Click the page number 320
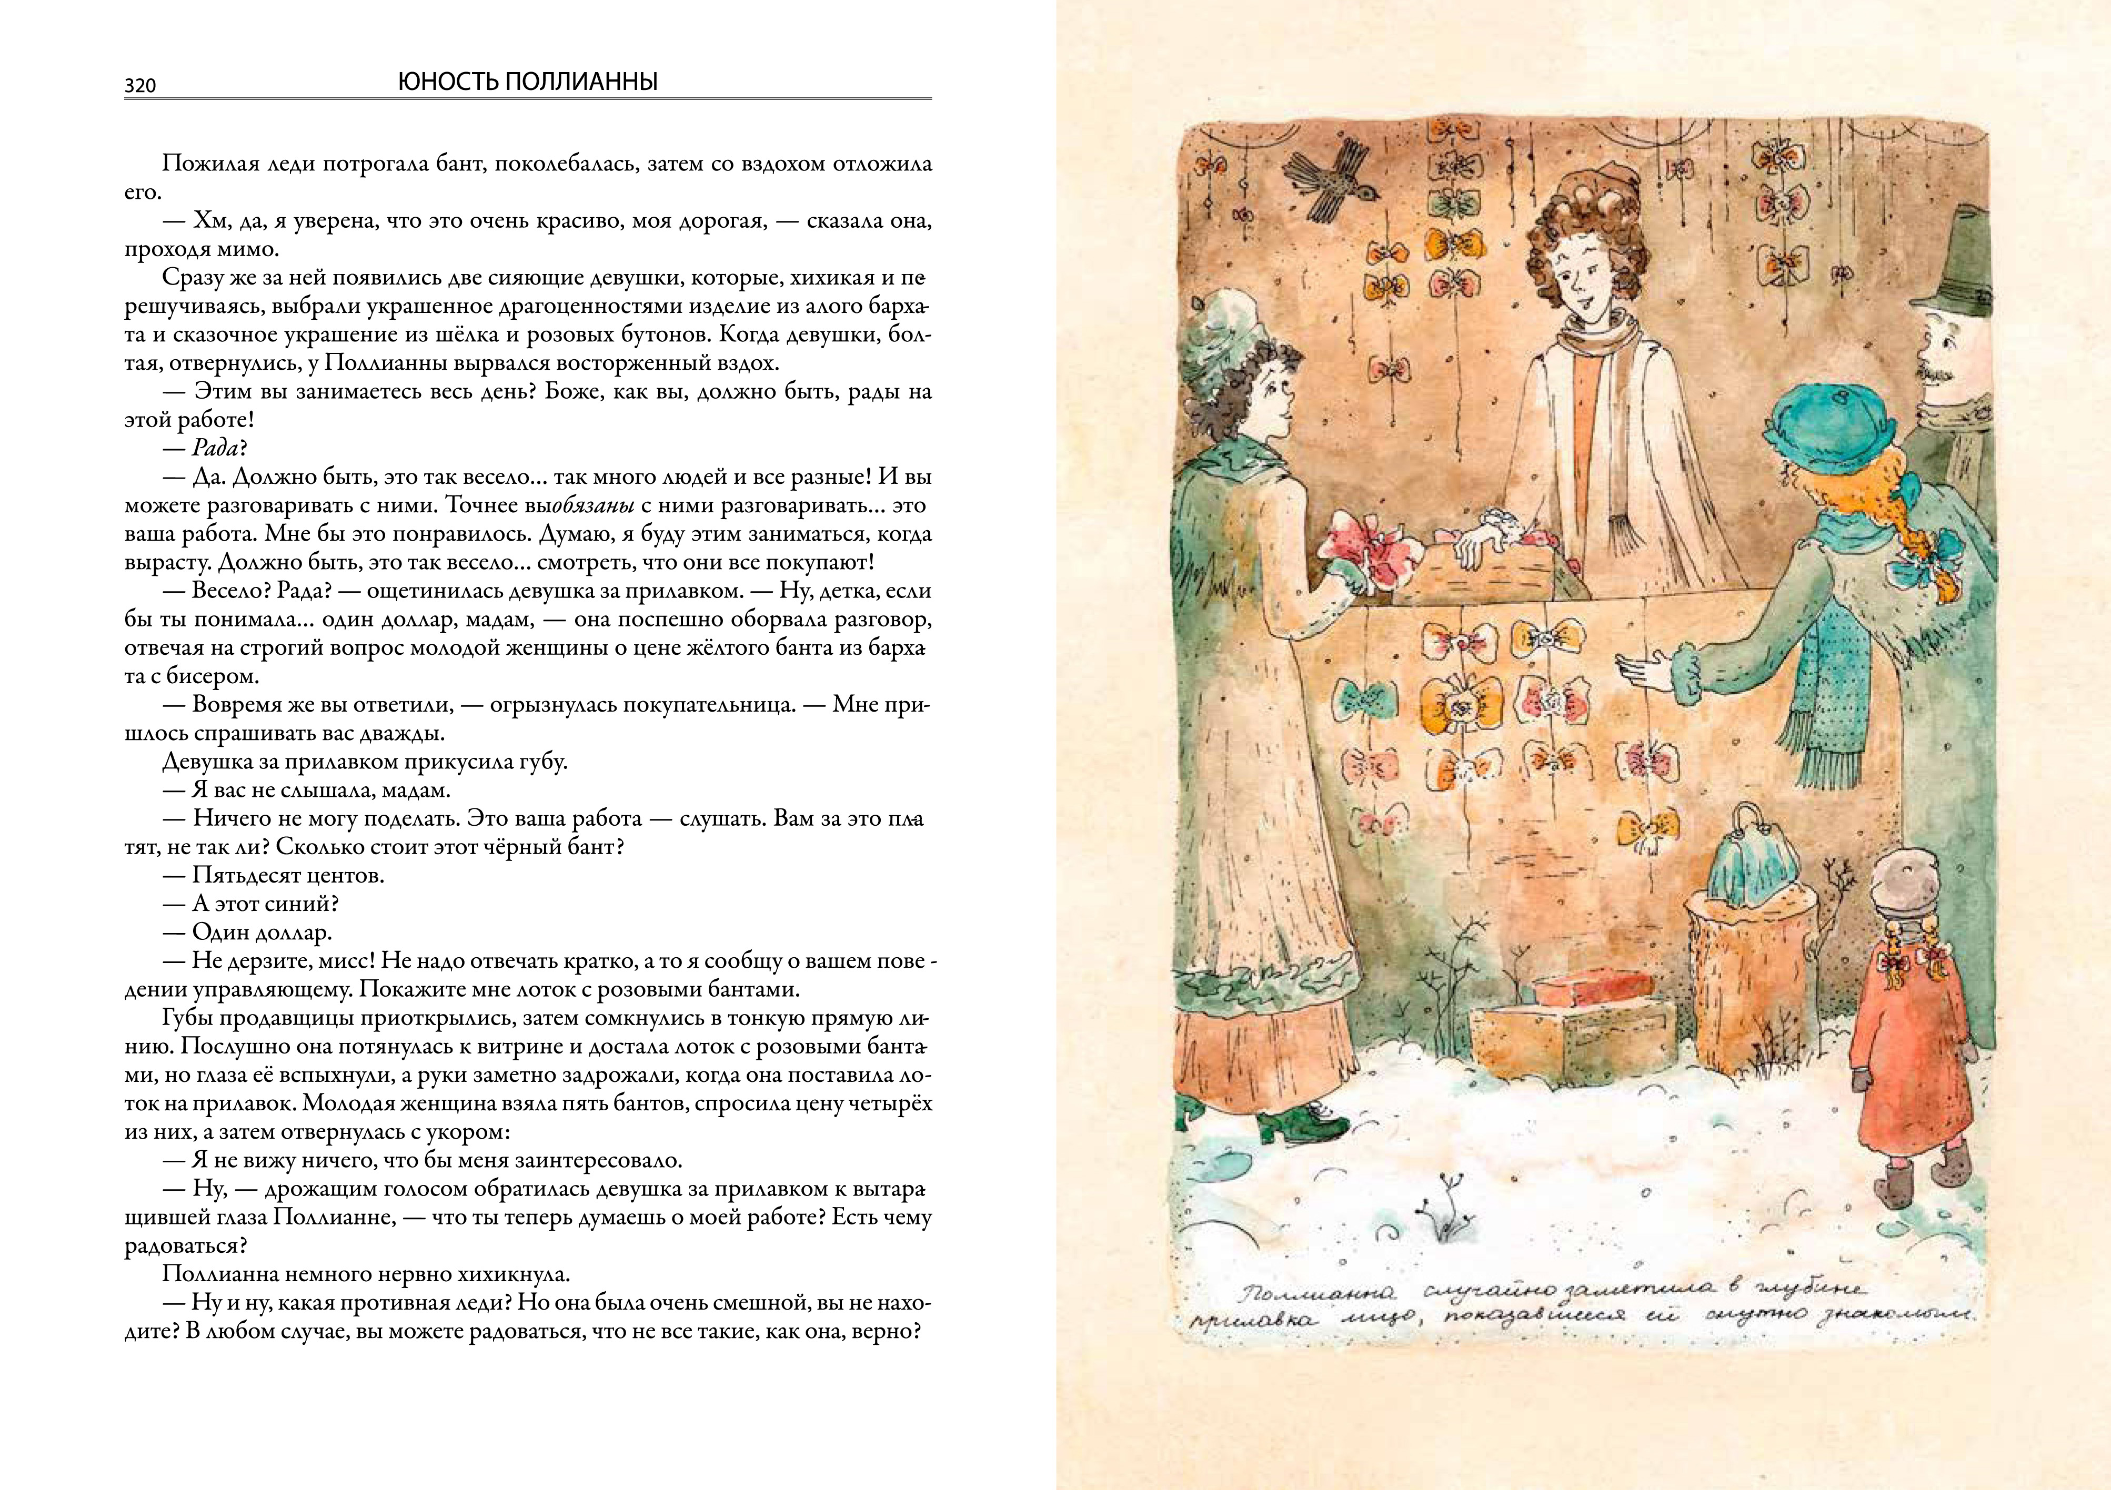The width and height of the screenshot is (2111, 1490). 140,86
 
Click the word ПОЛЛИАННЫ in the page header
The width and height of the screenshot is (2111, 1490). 581,83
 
